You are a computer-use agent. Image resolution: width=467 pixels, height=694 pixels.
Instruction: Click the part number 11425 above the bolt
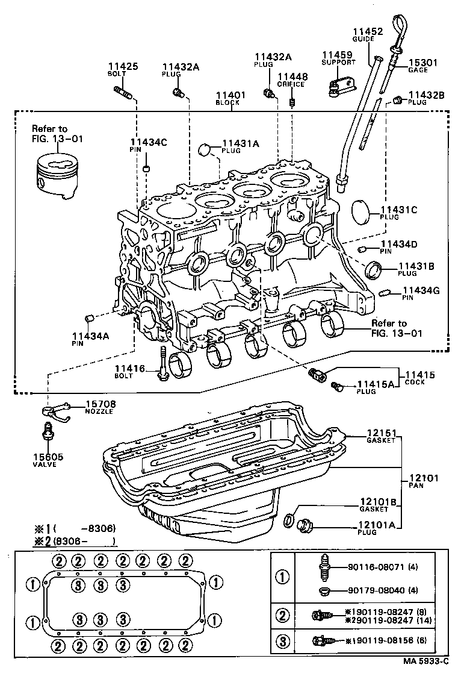(x=123, y=66)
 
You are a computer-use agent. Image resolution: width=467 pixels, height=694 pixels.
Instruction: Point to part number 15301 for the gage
(x=424, y=62)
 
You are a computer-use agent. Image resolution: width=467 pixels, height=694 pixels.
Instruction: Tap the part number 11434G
(x=421, y=290)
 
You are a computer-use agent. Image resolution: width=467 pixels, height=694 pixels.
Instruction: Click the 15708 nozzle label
(x=101, y=404)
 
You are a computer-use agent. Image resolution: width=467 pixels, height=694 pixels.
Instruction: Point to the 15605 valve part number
(x=49, y=457)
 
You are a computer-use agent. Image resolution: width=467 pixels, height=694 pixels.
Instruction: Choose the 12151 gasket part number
(x=381, y=433)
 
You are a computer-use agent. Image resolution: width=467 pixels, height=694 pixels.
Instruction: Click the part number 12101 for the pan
(x=424, y=478)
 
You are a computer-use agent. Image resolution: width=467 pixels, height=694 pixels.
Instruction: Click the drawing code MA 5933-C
(x=425, y=678)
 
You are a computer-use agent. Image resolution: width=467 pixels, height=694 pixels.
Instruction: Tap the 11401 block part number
(x=231, y=95)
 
